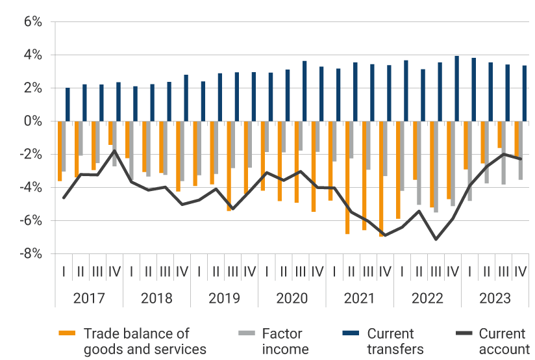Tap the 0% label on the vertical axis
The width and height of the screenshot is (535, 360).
click(31, 122)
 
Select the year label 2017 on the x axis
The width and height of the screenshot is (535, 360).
click(89, 298)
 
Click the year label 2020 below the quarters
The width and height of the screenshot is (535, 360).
click(292, 298)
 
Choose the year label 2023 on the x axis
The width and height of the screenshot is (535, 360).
click(495, 298)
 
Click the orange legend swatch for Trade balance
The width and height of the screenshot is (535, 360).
click(67, 334)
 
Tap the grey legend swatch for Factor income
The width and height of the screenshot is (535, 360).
click(247, 334)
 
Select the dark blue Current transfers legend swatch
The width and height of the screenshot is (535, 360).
click(351, 334)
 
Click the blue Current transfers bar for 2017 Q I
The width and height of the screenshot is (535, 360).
click(68, 105)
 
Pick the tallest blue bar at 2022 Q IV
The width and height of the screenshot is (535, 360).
click(457, 88)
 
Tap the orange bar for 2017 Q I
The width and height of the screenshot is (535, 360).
click(60, 151)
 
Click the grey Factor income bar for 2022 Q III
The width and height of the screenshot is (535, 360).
click(435, 166)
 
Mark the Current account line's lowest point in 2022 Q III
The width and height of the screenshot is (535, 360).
click(436, 239)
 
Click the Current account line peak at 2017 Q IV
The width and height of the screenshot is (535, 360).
click(114, 151)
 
